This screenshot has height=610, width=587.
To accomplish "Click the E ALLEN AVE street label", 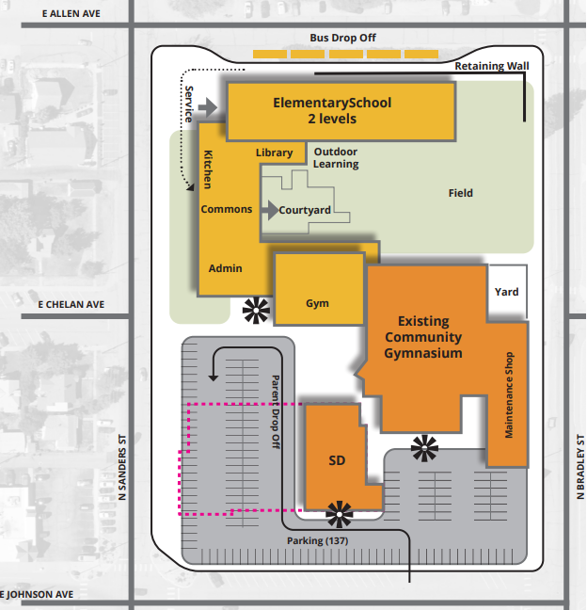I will click(x=71, y=14).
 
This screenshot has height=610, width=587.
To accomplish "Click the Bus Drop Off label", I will click(x=342, y=39).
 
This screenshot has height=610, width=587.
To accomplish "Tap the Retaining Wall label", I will click(x=492, y=66).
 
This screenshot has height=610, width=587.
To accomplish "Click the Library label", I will click(x=275, y=152).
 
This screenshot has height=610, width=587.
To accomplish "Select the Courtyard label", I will click(x=305, y=210).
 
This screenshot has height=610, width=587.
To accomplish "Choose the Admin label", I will click(x=226, y=268).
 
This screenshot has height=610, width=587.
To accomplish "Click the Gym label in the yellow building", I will click(x=317, y=304).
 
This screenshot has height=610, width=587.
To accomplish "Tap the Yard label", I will click(x=507, y=292).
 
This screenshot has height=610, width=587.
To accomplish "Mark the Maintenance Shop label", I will click(x=510, y=394).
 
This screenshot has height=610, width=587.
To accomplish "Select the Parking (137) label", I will click(x=318, y=541).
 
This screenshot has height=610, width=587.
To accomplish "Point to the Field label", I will click(x=461, y=193).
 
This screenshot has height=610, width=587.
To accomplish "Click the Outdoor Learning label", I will click(x=336, y=158).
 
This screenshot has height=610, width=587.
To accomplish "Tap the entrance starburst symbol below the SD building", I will click(x=340, y=513).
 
